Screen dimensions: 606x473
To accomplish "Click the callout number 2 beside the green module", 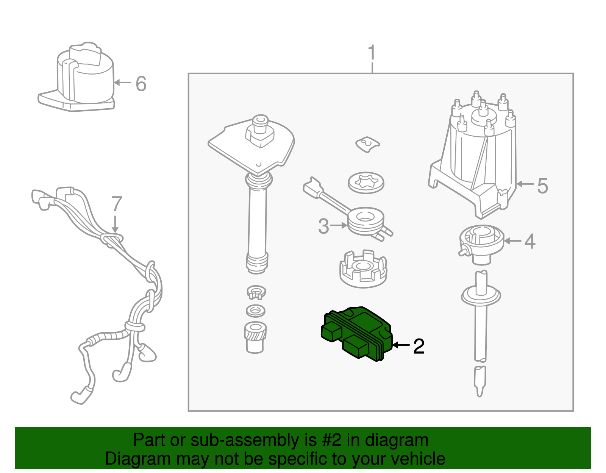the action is (x=419, y=346).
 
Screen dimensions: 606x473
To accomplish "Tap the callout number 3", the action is (x=323, y=226).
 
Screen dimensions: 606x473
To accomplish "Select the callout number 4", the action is (x=530, y=241).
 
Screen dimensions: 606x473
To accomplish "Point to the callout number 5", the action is (x=542, y=186).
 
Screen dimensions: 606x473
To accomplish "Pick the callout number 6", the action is (x=141, y=83).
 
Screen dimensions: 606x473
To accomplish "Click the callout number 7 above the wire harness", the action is (x=117, y=204).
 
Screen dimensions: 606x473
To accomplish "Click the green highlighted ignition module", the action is (x=356, y=334).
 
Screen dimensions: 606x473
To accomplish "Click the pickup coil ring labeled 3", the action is (x=365, y=222).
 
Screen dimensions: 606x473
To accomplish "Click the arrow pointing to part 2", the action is (x=401, y=345).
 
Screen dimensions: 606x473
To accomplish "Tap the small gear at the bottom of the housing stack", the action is (x=255, y=337).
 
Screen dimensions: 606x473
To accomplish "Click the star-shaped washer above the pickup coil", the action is (x=366, y=183).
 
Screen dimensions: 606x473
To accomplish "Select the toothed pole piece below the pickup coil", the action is (x=363, y=269).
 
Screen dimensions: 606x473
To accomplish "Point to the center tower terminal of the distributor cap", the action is (x=483, y=110).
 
